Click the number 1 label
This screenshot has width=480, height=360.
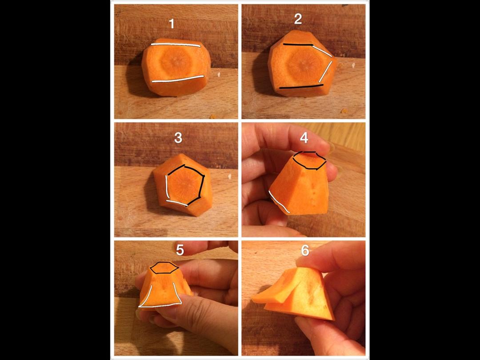pos(172,24)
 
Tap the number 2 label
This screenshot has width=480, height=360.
pos(298,19)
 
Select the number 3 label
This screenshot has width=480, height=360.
pos(178,138)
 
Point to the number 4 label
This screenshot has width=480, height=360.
pos(304,138)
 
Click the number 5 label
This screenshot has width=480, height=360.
pos(180,250)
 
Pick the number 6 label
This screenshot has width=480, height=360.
pos(305,250)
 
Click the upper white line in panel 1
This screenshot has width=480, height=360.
pos(176,45)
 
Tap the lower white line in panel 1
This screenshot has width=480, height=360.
pos(177,79)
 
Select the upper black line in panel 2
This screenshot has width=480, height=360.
pos(298,45)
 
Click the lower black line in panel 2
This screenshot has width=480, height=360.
pos(301,87)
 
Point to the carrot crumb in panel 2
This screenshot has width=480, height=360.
pos(345,111)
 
